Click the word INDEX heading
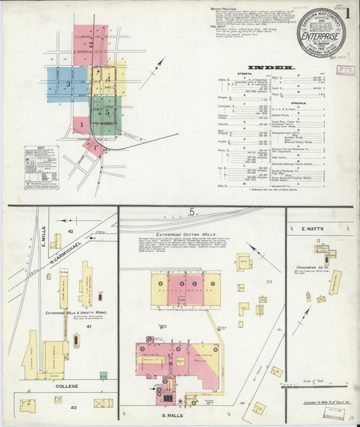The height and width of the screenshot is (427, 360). tap(271, 68)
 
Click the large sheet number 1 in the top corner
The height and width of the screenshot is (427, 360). tap(349, 13)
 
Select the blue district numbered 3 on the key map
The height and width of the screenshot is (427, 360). tap(68, 84)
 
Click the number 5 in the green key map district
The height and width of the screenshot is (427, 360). tap(107, 113)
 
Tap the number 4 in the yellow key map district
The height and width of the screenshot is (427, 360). tap(108, 79)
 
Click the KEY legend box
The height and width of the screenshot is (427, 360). tap(41, 167)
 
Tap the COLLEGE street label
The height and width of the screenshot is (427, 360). tap(66, 386)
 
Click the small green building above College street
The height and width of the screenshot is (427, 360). tap(103, 375)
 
